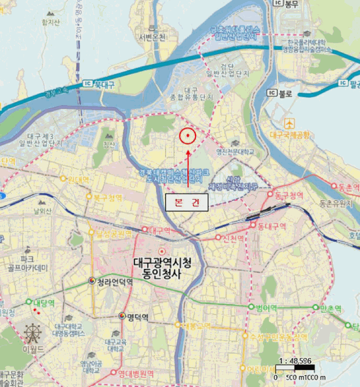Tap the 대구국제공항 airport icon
coord(290,123)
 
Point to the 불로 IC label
coord(283,93)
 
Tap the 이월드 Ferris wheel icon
coord(32,333)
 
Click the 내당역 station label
coord(44,302)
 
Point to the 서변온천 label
coord(152,38)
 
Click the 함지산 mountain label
coord(50,23)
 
